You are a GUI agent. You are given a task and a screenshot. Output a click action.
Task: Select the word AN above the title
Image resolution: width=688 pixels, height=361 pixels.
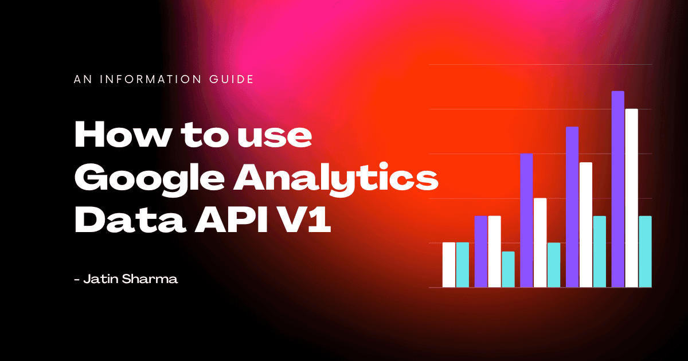click(81, 79)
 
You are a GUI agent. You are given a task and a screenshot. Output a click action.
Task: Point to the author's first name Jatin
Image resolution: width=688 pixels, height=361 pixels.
click(99, 280)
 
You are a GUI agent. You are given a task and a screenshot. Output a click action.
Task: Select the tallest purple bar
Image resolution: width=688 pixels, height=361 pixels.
click(617, 189)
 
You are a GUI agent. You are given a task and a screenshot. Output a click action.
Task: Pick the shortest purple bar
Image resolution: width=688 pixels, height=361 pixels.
click(480, 252)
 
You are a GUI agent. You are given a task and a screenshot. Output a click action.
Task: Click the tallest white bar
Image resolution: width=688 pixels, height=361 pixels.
click(631, 198)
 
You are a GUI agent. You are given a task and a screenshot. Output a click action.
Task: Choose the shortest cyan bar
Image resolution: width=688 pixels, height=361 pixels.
click(508, 269)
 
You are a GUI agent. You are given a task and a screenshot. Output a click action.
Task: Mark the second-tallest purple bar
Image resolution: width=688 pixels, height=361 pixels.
click(572, 207)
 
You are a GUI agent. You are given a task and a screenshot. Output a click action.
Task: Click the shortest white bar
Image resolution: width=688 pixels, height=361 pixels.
click(448, 265)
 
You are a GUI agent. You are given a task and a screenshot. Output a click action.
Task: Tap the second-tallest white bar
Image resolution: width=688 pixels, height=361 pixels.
click(585, 225)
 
